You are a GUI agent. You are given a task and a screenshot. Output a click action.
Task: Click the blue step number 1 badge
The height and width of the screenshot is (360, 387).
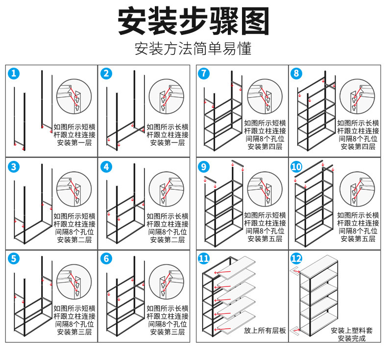point(14,74)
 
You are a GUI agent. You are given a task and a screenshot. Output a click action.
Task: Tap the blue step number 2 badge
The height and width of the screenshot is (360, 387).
point(106,74)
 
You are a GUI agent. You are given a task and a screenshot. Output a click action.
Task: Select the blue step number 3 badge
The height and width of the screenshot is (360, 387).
point(14,166)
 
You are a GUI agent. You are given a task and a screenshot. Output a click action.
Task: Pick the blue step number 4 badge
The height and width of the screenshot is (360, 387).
point(106,166)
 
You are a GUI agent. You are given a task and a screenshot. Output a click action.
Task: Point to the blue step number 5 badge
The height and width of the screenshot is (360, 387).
point(14,258)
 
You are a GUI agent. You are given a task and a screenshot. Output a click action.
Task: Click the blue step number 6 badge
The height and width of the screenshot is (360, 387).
point(106,258)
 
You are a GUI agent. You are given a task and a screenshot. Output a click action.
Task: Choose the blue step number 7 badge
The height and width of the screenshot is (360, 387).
point(204,74)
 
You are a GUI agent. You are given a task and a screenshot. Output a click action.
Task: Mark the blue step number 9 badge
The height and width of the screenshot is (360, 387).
point(204,166)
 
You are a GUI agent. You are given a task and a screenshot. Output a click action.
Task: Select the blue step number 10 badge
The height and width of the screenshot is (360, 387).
point(296,166)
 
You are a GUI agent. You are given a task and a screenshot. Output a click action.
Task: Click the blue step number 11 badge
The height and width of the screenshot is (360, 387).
point(204,258)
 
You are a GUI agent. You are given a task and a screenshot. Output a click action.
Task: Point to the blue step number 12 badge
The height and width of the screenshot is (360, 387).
point(296,258)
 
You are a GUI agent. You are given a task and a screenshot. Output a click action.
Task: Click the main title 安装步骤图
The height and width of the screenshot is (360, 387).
point(193,22)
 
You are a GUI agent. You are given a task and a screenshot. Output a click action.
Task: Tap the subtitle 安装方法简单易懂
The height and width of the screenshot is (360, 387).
point(193,49)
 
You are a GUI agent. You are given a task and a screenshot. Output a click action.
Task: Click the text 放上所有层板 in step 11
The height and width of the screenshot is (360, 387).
point(265,331)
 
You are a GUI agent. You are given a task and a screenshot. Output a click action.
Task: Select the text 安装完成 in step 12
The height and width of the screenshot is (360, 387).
point(352,338)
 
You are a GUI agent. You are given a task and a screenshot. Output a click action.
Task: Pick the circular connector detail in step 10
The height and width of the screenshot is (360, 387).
point(358,190)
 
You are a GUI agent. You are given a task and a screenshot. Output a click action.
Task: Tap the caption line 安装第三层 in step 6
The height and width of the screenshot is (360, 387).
point(168,332)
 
